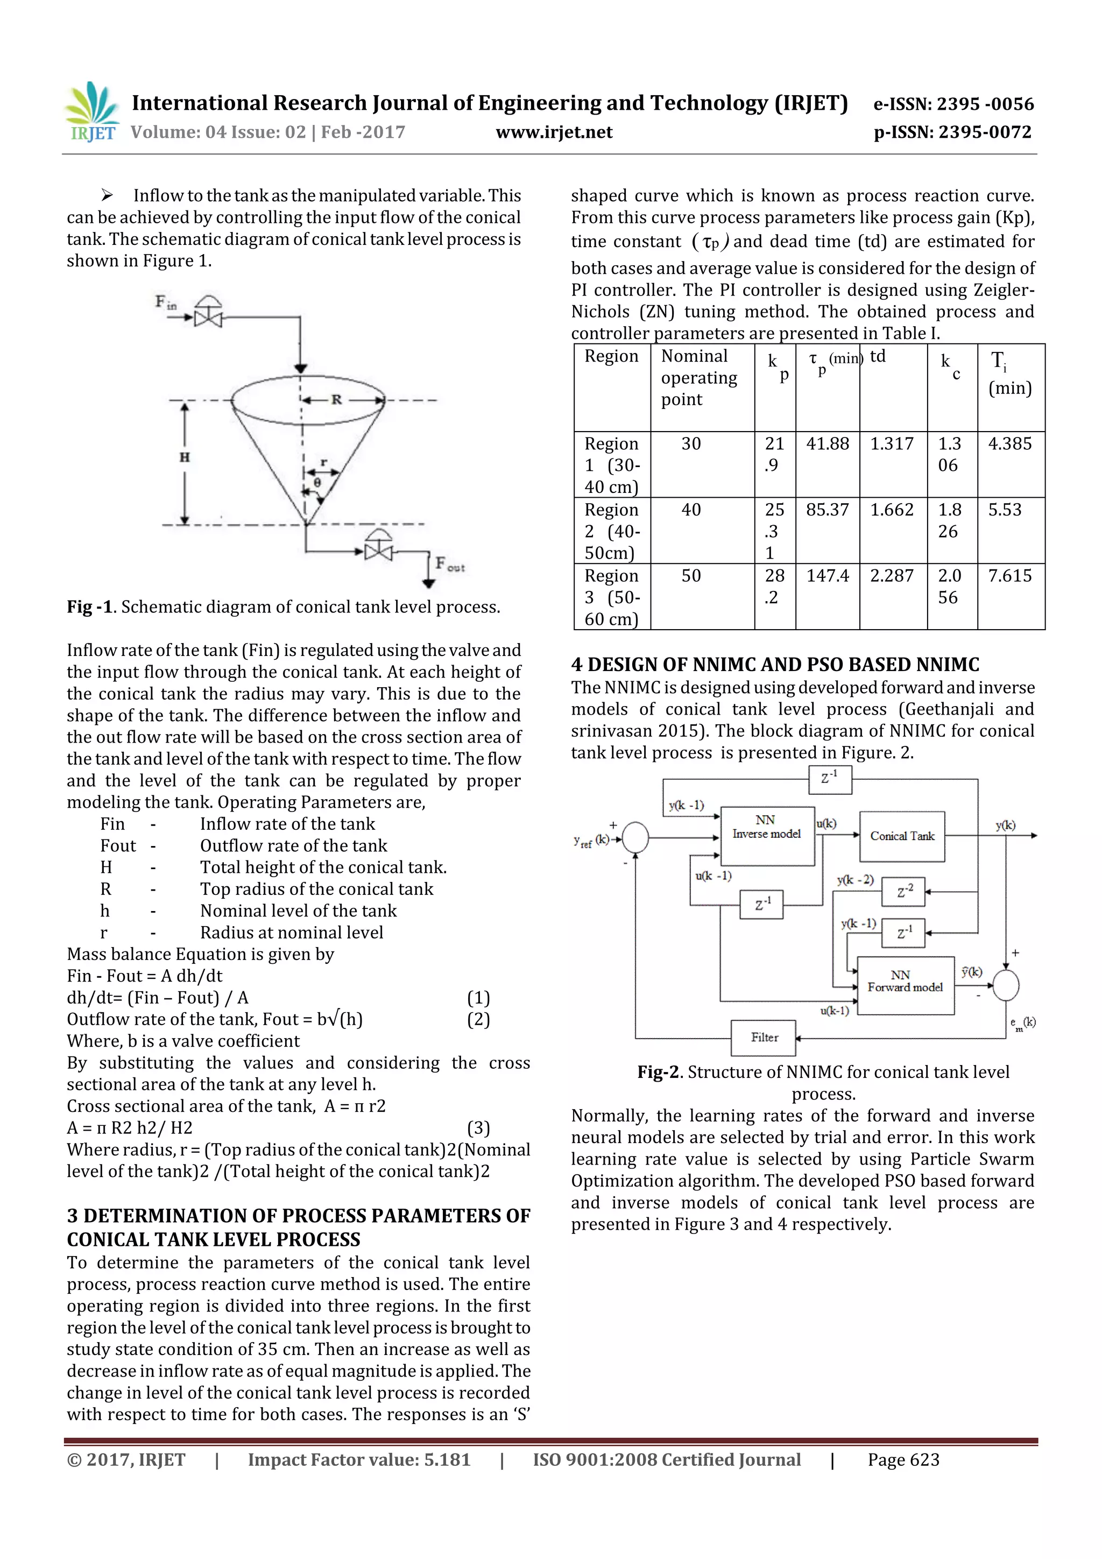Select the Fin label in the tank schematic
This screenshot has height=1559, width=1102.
165,301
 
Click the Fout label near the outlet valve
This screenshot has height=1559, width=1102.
449,563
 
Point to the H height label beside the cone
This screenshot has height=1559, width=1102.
185,457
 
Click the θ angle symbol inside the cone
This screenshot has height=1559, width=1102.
317,482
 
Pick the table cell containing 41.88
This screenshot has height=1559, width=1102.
827,444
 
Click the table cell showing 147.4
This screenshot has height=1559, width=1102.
827,576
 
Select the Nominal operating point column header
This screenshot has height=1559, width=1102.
700,378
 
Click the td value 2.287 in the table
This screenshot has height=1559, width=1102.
892,576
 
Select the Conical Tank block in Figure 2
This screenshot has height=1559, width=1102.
902,836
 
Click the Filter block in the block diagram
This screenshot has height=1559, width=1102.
764,1038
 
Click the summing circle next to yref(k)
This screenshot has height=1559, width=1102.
635,837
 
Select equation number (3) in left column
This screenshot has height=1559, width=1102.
478,1128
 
